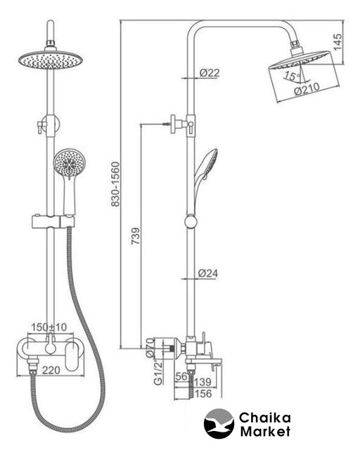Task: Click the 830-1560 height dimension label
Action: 115,184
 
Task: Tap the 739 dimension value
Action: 136,236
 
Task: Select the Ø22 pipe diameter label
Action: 210,73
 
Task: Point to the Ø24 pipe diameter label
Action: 208,274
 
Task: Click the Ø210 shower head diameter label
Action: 307,89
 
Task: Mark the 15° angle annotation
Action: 292,76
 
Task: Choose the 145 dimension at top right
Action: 338,42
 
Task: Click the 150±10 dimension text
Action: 49,327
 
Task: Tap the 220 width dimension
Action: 51,371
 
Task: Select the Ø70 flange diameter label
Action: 150,347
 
